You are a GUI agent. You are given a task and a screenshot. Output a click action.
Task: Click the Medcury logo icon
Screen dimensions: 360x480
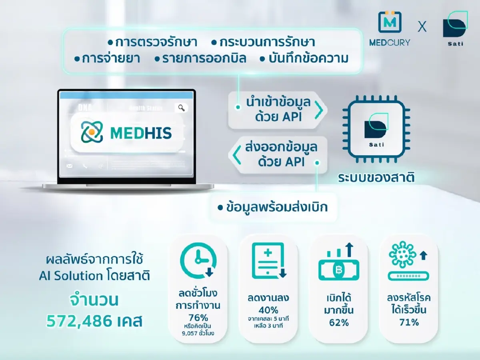pos(389,22)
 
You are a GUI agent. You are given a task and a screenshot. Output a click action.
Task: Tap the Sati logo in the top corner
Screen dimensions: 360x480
pos(454,26)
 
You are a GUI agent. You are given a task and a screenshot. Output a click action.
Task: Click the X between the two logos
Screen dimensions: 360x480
pos(422,27)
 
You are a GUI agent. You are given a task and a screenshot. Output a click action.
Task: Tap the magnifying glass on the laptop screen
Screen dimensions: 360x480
pos(182,107)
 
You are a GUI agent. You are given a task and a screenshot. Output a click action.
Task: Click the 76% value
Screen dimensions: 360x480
pos(198,318)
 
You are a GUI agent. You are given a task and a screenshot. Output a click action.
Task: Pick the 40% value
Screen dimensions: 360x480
pos(268,310)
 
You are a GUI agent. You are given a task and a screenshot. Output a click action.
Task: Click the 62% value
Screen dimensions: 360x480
pos(339,322)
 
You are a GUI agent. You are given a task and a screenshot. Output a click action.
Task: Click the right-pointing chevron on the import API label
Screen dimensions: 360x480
pos(319,110)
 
